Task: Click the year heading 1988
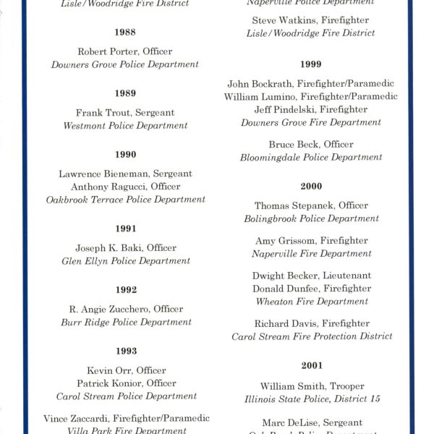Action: click(x=125, y=33)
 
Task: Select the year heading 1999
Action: click(x=312, y=64)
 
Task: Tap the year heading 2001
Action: click(x=312, y=366)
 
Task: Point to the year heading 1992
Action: click(x=125, y=290)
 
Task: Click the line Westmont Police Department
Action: click(x=125, y=126)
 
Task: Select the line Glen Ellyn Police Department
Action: click(x=125, y=261)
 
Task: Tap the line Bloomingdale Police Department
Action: click(x=311, y=158)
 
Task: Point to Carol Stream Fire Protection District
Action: click(x=312, y=336)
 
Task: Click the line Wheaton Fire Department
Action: click(x=312, y=302)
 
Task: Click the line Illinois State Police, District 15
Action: click(x=312, y=399)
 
